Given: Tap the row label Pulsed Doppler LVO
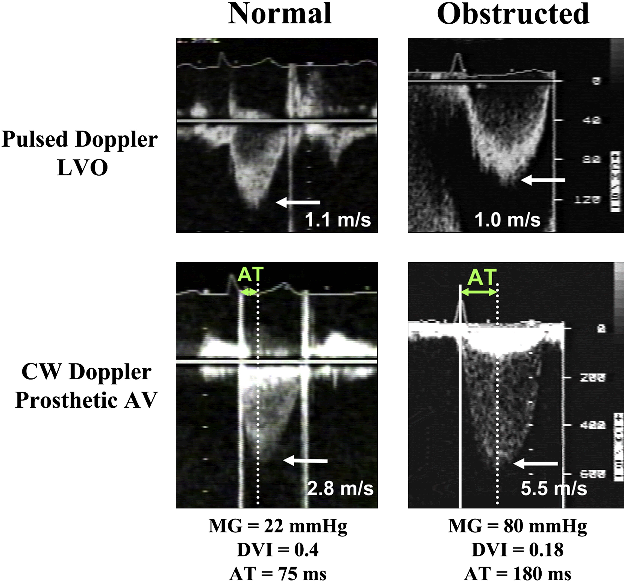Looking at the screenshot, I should (x=79, y=153).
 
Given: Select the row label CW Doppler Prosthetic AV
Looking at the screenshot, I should (x=86, y=386).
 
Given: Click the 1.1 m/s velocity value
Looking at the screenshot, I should (x=337, y=220).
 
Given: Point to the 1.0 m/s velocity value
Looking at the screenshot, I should (x=507, y=220).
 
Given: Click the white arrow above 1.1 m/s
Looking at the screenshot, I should (x=298, y=202).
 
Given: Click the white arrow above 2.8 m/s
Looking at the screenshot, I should (x=305, y=461).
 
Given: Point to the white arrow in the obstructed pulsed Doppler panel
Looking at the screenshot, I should (x=543, y=180).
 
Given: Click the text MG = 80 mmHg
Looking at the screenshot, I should (x=517, y=526).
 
